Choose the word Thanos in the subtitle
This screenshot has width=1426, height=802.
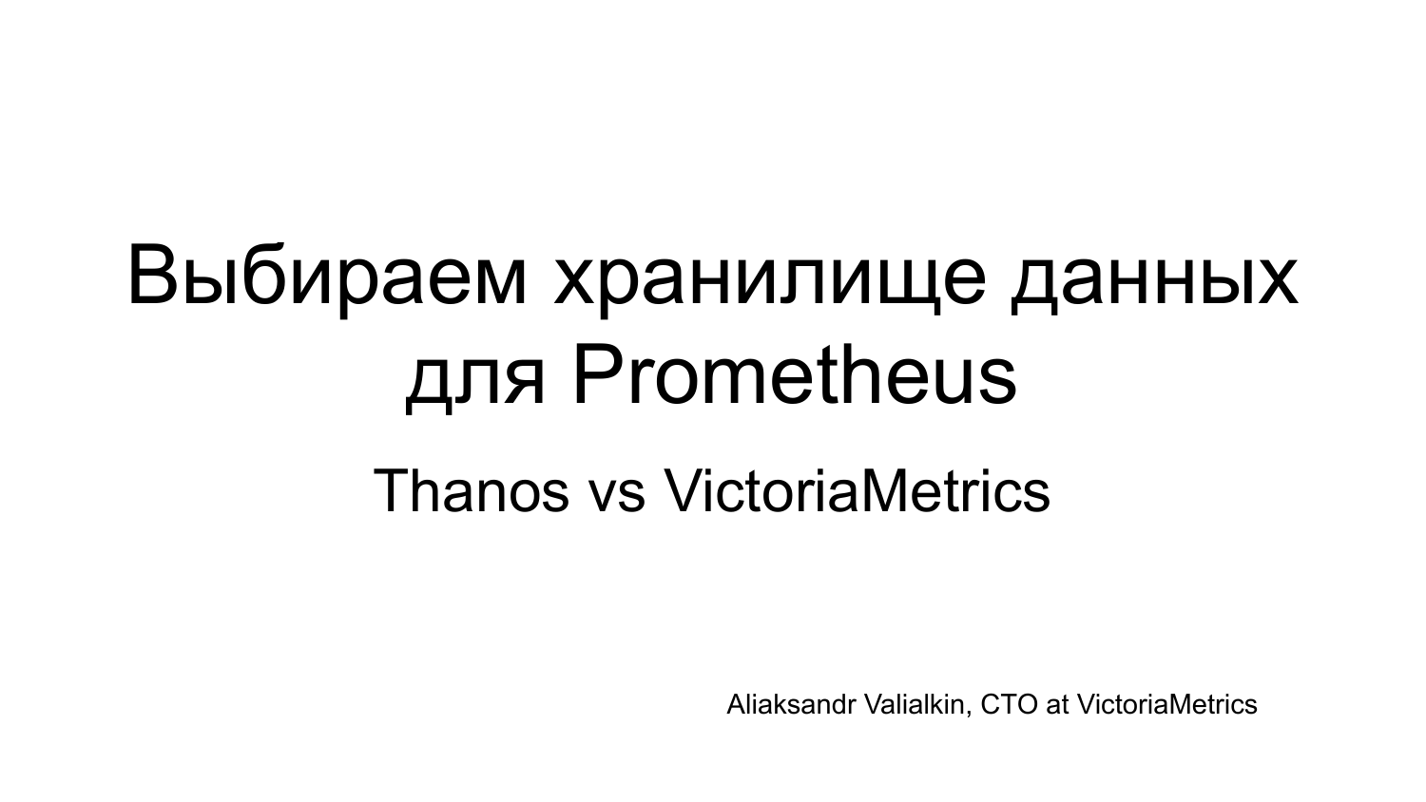tap(471, 491)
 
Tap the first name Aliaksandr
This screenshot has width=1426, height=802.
tap(790, 705)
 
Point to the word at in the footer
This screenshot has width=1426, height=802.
tap(1057, 706)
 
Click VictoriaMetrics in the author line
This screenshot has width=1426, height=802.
tap(1166, 705)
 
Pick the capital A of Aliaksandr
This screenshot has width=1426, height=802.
tap(737, 705)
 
